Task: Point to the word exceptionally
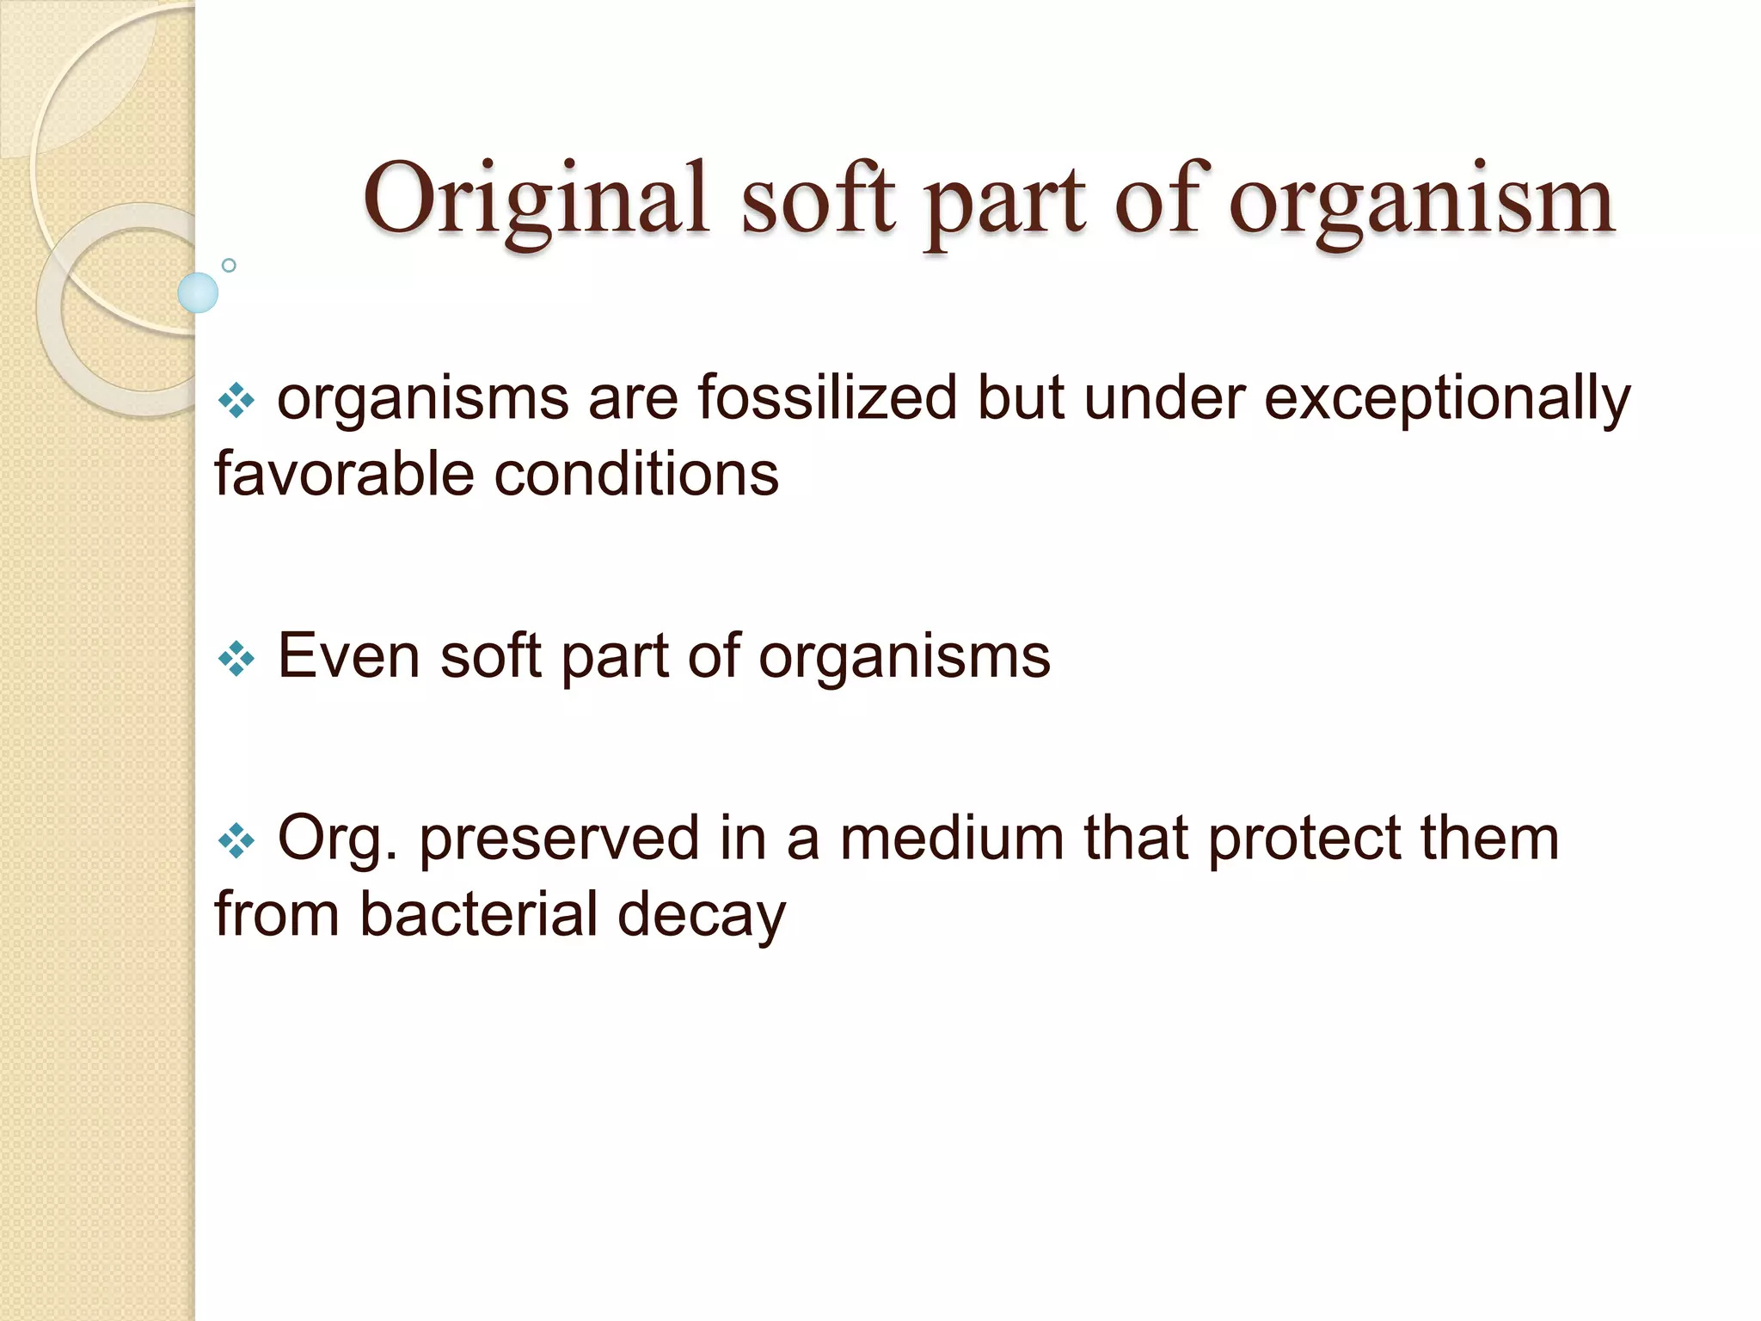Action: click(1446, 400)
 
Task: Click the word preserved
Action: click(559, 838)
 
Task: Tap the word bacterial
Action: click(478, 913)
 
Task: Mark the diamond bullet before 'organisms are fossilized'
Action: click(236, 401)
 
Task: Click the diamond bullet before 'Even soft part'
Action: click(236, 660)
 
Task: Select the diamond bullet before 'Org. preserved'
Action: click(236, 841)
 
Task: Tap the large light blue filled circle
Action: click(198, 292)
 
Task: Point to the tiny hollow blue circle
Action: click(229, 265)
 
